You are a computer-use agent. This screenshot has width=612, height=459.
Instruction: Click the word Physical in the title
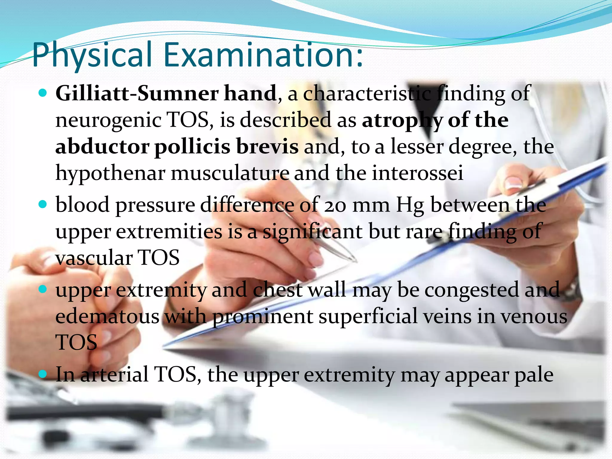point(92,55)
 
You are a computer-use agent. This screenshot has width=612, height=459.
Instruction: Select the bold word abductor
point(102,147)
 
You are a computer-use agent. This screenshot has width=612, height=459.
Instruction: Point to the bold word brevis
point(267,147)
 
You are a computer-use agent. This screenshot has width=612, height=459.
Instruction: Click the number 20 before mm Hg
point(335,206)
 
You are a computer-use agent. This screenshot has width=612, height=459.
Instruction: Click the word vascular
point(94,258)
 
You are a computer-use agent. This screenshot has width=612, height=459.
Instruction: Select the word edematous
point(107,316)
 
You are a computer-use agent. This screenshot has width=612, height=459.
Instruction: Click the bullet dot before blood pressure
point(43,205)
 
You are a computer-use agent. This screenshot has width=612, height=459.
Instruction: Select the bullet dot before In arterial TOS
point(43,374)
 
